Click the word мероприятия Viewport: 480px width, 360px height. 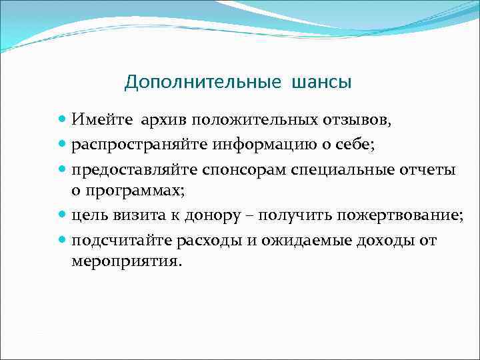[125, 262]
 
